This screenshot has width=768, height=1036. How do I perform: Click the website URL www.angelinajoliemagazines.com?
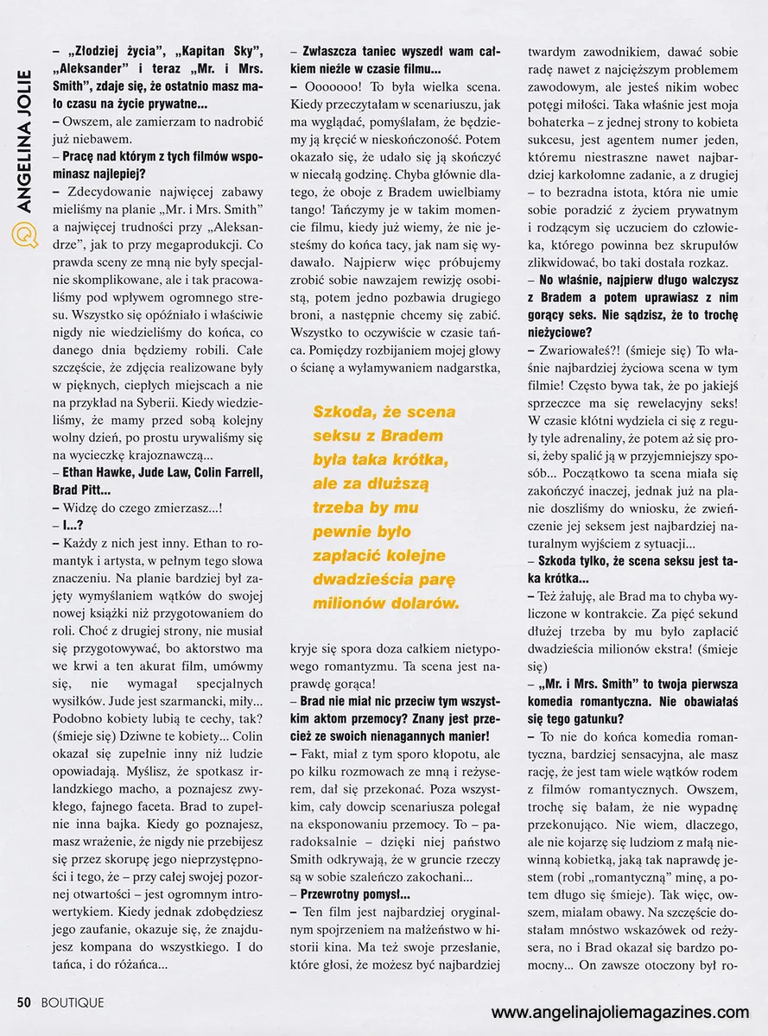[x=620, y=1012]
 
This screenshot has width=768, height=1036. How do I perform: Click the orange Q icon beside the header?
[x=26, y=232]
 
